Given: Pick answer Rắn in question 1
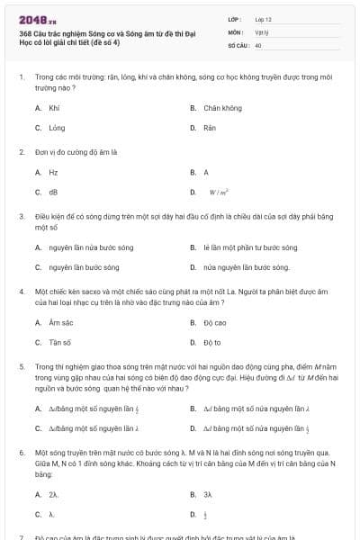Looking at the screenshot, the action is [x=210, y=128].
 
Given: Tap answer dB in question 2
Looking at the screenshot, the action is [x=53, y=192].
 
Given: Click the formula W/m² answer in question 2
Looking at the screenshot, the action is [x=218, y=192].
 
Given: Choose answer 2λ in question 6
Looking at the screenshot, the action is [x=54, y=494].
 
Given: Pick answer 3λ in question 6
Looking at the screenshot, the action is [x=208, y=494].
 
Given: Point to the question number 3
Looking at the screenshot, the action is [x=21, y=216].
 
